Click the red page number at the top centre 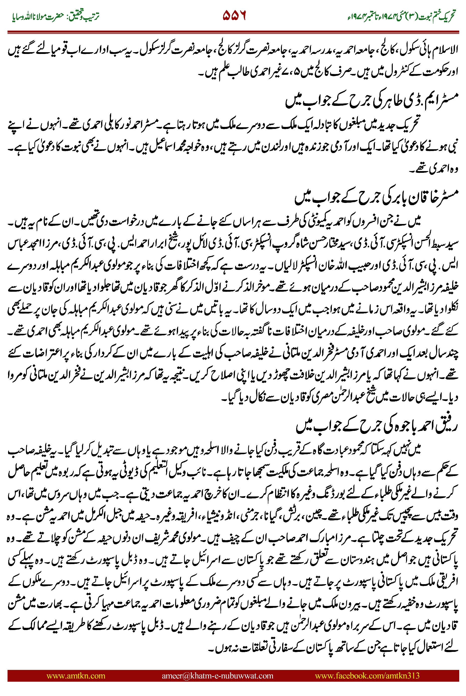(234, 16)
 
